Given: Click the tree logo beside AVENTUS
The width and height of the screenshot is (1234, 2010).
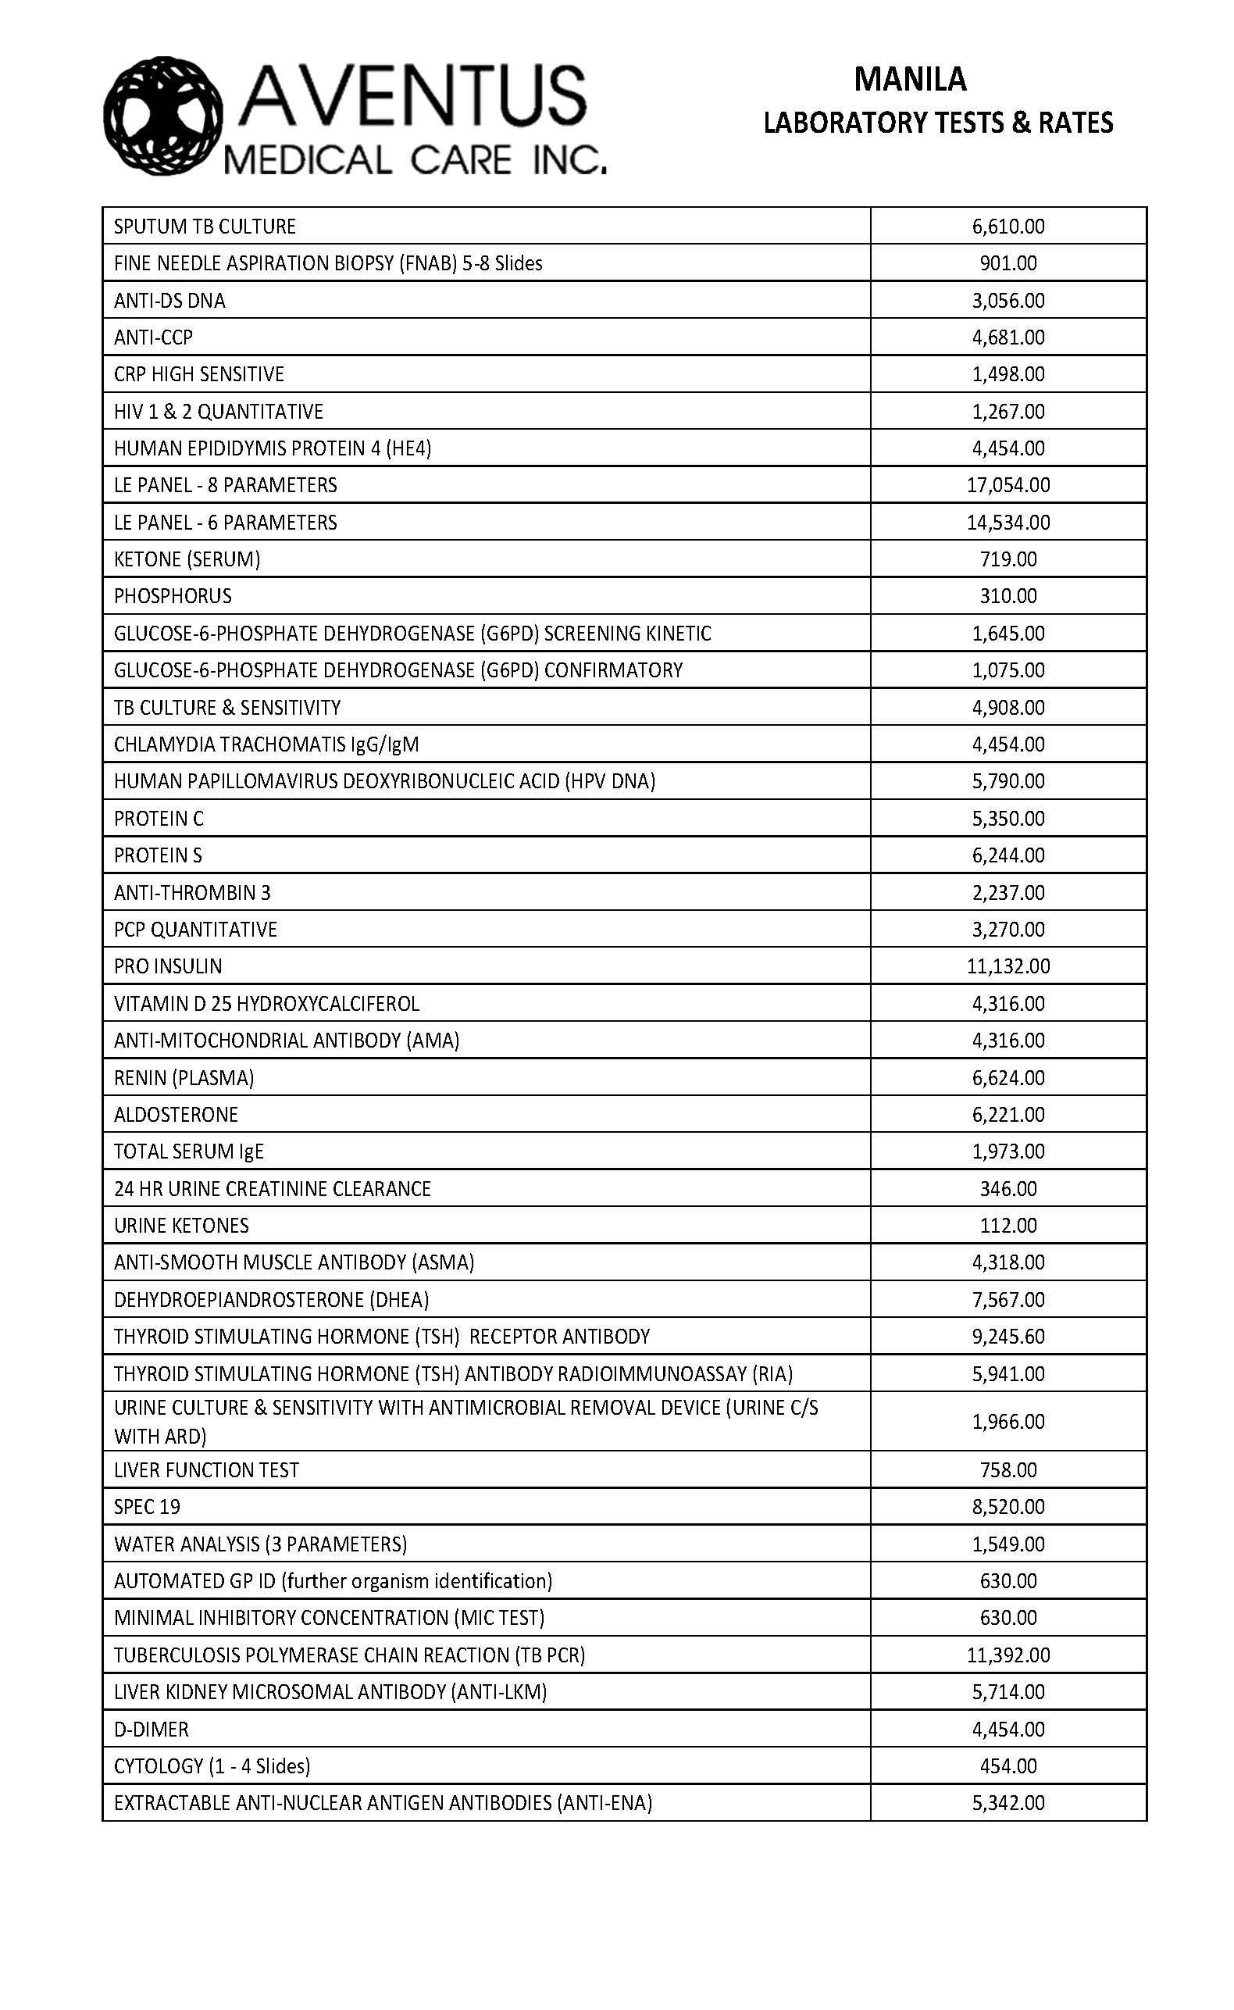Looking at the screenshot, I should [163, 116].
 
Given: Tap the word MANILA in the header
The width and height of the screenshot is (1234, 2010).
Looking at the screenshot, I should [910, 80].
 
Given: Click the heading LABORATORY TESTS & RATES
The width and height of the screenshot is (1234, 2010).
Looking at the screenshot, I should [938, 123].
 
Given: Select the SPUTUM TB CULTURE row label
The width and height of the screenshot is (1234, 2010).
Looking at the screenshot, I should [205, 226].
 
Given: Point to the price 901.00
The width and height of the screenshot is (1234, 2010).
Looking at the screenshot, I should [1008, 262].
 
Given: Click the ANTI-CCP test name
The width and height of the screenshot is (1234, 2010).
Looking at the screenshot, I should [153, 337].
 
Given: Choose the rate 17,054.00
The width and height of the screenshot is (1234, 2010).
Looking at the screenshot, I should [1008, 485].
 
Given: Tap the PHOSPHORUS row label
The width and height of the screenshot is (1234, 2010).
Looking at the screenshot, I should [173, 596].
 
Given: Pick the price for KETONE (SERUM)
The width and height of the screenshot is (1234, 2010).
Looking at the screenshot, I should [1008, 559].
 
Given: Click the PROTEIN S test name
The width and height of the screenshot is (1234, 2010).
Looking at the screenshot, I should [159, 855].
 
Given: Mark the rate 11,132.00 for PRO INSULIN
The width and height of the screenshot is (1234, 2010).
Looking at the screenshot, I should [1008, 966].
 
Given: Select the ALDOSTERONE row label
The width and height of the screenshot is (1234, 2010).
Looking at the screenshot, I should [177, 1115].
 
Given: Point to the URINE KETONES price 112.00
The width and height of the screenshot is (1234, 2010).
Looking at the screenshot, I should [1008, 1226].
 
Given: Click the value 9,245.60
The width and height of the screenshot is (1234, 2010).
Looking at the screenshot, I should [1008, 1337].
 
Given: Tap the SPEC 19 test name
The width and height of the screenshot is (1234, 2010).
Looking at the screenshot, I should [148, 1506].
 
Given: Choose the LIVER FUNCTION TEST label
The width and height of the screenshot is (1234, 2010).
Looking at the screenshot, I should [206, 1469].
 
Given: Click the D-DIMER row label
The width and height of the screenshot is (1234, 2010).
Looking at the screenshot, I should [152, 1730].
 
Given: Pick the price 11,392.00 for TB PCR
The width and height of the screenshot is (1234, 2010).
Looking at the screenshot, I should [1008, 1655].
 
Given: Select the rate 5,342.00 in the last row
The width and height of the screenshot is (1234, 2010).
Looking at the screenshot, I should [1008, 1803].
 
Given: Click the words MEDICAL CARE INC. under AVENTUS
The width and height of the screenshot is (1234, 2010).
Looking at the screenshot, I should [415, 160].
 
